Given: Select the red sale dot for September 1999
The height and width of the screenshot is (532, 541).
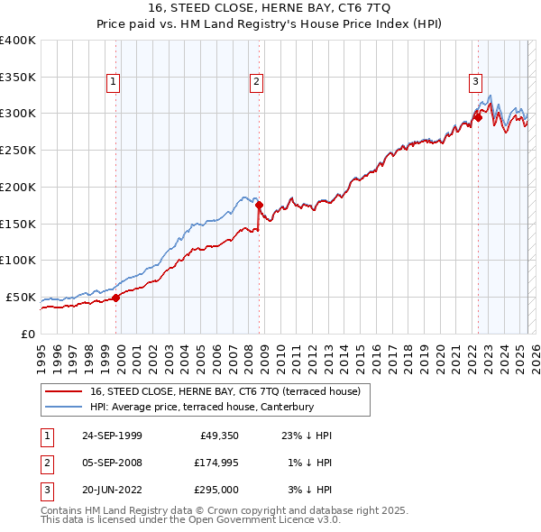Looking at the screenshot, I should [x=116, y=298].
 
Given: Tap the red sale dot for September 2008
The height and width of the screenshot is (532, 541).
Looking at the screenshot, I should [x=260, y=205].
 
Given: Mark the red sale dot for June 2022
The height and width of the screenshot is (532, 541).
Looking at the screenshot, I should [x=478, y=116].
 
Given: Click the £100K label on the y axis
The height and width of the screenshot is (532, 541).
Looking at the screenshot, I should [x=18, y=260].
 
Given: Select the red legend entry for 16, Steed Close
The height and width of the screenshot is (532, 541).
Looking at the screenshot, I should [x=225, y=391].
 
